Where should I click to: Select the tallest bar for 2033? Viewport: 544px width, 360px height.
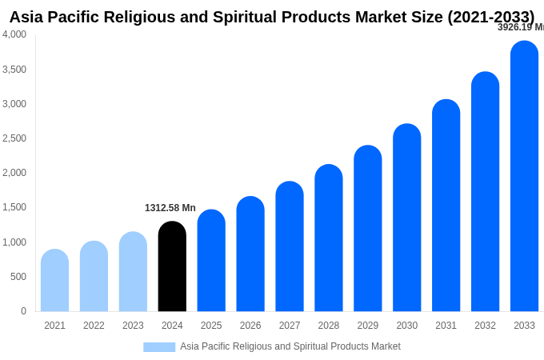(x=524, y=176)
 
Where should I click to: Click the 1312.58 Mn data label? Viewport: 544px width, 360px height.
(x=170, y=208)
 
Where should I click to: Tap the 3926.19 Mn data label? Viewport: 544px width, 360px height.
(x=520, y=27)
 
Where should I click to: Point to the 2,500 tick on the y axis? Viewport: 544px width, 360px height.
(x=14, y=138)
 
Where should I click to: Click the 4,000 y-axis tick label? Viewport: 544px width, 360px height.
(x=14, y=34)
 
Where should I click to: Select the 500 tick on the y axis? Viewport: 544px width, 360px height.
(x=18, y=277)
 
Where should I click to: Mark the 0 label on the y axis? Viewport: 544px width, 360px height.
(x=23, y=311)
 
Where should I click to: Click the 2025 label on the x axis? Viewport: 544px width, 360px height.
(x=211, y=326)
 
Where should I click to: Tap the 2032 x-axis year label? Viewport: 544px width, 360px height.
(x=485, y=326)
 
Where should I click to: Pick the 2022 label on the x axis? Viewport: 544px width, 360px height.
(x=94, y=326)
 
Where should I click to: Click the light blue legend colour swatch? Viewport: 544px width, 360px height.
(x=159, y=347)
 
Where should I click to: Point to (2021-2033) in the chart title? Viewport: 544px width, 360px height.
(x=490, y=17)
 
